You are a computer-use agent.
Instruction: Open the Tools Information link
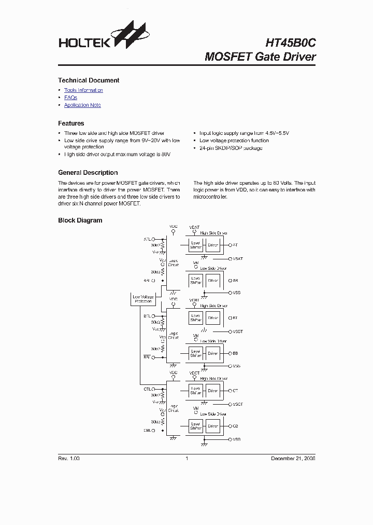coord(83,90)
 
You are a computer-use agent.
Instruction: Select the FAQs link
coord(70,98)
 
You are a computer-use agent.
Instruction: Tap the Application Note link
coord(82,105)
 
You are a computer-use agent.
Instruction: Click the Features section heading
coord(71,123)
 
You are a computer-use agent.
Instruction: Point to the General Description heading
coord(88,173)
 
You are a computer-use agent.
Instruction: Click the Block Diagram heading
coord(80,220)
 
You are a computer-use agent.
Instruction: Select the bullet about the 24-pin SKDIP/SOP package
coord(231,148)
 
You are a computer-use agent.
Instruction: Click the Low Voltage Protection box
coord(143,299)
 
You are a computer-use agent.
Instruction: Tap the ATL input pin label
coord(147,239)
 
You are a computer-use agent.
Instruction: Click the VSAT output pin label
coord(238,258)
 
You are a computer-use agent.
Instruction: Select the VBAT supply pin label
coord(194,227)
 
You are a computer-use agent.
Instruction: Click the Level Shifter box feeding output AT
coord(196,245)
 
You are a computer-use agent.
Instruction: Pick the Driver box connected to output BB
coord(213,353)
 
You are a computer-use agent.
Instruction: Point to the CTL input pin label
coord(147,389)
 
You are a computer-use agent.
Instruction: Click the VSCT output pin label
coord(238,404)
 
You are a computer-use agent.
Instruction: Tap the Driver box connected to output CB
coord(213,426)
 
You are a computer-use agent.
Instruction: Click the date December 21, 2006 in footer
coord(293,459)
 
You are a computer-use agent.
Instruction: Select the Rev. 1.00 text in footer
coord(68,459)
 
